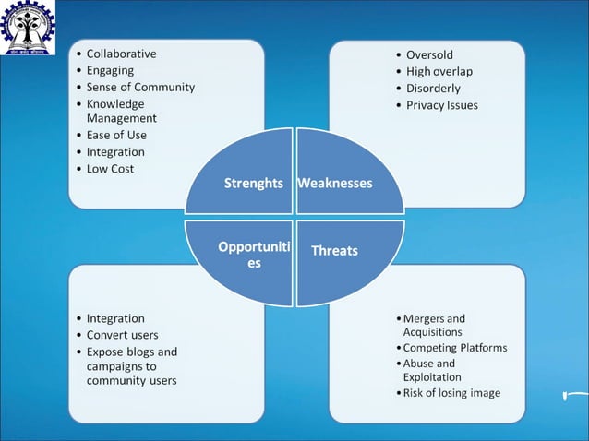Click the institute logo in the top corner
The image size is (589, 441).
pos(28,27)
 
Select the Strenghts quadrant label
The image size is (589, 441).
pos(253,183)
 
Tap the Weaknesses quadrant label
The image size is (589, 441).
pos(335,183)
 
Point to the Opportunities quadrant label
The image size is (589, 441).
pos(253,255)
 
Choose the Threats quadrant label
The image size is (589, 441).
pos(334,250)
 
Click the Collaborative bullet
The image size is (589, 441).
pos(121,54)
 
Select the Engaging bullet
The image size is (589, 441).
pos(110,70)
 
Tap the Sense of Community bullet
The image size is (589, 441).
pos(140,87)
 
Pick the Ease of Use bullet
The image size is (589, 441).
pos(116,135)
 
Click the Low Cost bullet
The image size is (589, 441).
pos(110,168)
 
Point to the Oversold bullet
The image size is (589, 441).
pos(429,54)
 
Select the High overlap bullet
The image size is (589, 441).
pos(439,71)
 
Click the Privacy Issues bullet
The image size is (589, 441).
pos(442,105)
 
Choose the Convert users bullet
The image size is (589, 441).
pos(122,335)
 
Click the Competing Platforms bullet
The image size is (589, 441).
pos(454,348)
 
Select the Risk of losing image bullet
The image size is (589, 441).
pos(451,393)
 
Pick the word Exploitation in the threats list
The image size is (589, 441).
pos(432,377)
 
